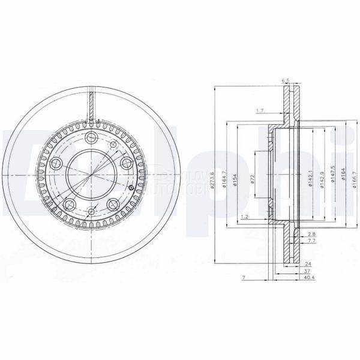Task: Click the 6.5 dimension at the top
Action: click(x=286, y=80)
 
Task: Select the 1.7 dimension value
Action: click(x=260, y=111)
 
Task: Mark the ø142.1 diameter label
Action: click(x=310, y=177)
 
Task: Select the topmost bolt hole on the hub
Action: click(x=92, y=139)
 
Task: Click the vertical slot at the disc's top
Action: click(x=91, y=102)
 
